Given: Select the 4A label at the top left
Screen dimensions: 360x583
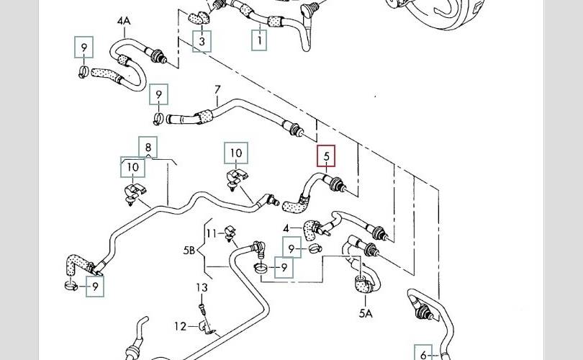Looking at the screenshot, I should (124, 22).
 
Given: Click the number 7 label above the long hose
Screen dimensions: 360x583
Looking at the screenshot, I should (217, 91).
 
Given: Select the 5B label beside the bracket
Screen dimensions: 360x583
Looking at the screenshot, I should (189, 251).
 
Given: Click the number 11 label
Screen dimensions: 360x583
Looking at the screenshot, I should (211, 233).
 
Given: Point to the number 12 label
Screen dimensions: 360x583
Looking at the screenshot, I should (179, 326).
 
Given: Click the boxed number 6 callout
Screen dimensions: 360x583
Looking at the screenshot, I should (423, 354).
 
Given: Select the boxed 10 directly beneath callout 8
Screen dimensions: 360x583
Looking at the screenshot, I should (132, 168).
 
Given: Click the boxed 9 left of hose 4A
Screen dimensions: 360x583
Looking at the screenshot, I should (84, 48).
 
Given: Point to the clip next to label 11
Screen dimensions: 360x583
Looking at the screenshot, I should (230, 233).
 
